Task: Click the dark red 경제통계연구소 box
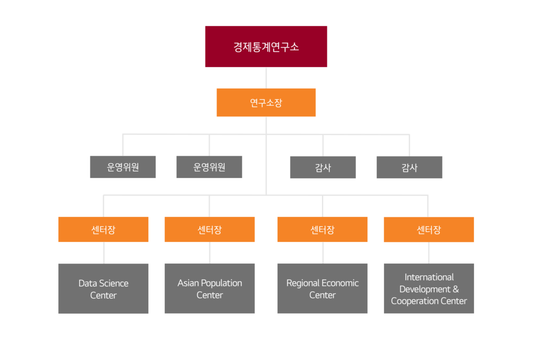click(x=266, y=46)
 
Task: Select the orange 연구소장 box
click(x=266, y=102)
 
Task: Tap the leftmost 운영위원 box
click(x=123, y=167)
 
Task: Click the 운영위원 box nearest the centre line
click(x=209, y=167)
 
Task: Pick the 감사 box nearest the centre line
click(x=323, y=167)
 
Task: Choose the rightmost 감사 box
click(x=409, y=167)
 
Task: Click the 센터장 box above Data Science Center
click(x=103, y=229)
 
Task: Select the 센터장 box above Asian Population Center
click(x=209, y=229)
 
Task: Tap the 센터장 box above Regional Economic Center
click(x=322, y=229)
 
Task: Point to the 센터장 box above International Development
click(x=429, y=229)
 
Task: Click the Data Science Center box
click(x=103, y=289)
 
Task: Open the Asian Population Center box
click(x=209, y=289)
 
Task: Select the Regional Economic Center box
click(x=322, y=289)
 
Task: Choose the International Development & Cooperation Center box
click(x=429, y=289)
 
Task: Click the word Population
click(x=221, y=283)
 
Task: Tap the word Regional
click(x=303, y=283)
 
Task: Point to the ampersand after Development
click(x=455, y=289)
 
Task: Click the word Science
click(x=114, y=283)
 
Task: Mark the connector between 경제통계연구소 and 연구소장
click(x=266, y=77)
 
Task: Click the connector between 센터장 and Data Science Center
click(x=104, y=253)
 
